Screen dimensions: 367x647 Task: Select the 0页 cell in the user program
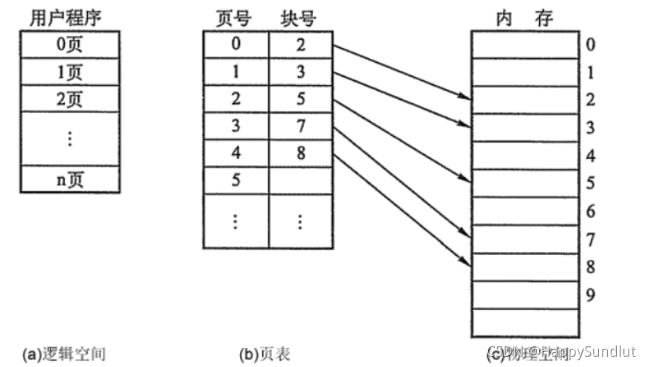tap(70, 46)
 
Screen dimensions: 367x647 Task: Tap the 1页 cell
tap(70, 72)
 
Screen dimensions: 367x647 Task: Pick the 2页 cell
tap(70, 99)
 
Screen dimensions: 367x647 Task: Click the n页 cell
tap(70, 179)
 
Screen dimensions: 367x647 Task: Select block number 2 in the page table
tap(301, 45)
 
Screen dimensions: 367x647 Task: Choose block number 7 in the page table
tap(301, 126)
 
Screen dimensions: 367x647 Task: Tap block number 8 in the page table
tap(301, 154)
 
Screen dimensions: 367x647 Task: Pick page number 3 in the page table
tap(236, 126)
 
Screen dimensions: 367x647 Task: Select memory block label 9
tap(591, 295)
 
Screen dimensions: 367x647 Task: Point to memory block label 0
tap(591, 45)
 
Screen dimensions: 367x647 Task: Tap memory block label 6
tap(591, 211)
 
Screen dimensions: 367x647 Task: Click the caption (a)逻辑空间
tap(64, 354)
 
